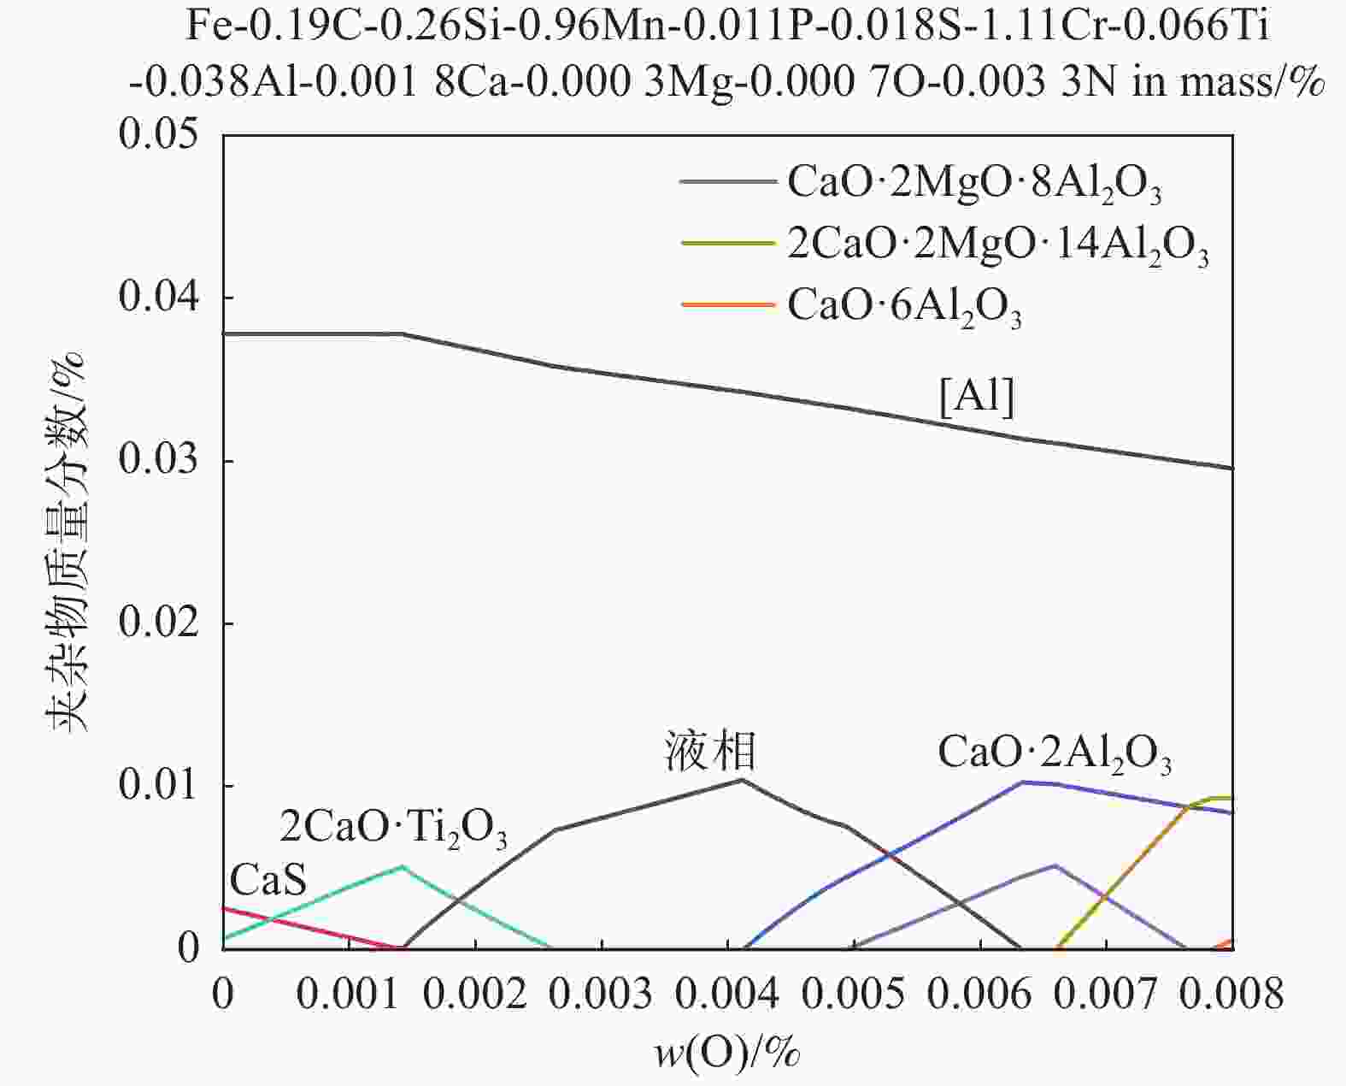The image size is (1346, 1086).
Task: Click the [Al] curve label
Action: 977,398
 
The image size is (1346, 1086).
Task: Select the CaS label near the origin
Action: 267,879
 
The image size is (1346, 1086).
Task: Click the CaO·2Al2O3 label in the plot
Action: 1055,754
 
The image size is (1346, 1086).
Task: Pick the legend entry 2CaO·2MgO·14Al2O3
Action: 997,246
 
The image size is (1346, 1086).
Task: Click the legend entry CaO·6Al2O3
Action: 904,306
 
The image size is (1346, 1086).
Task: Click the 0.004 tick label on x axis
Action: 727,995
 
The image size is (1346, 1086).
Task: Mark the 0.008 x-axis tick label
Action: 1231,995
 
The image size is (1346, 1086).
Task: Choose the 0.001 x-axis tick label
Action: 349,995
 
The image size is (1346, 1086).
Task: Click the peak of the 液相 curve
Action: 742,779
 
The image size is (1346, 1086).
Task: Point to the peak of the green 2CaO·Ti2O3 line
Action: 402,866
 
